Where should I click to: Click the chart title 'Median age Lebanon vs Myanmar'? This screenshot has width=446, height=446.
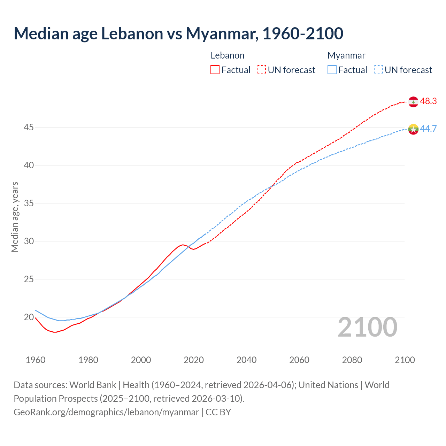(178, 33)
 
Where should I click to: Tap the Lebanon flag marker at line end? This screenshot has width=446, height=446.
(413, 102)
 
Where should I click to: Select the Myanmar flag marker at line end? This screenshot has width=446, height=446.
(413, 129)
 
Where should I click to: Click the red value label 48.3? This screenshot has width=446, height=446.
(428, 101)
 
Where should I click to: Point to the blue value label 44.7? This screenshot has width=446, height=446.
(428, 129)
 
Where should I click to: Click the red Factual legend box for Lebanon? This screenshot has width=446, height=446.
(215, 70)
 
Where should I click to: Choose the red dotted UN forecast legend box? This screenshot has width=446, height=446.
(261, 70)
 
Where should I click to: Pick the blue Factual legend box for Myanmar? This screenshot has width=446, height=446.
(332, 70)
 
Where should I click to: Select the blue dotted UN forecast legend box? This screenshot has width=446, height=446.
(378, 70)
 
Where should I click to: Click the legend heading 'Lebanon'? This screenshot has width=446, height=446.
(228, 55)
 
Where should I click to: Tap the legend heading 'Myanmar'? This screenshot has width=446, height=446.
(346, 55)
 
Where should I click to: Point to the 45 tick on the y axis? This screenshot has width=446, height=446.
(29, 128)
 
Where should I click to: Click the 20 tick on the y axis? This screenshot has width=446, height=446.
(29, 317)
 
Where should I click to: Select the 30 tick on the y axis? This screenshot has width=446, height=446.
(29, 241)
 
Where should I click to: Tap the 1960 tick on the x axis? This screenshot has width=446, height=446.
(36, 360)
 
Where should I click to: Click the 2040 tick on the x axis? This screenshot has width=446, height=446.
(246, 360)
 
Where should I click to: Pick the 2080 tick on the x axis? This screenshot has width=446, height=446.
(352, 360)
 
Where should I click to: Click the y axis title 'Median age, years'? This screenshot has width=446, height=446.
(15, 217)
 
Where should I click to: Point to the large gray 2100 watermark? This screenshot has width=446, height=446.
(367, 327)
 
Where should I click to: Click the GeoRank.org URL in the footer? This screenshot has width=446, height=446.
(106, 412)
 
